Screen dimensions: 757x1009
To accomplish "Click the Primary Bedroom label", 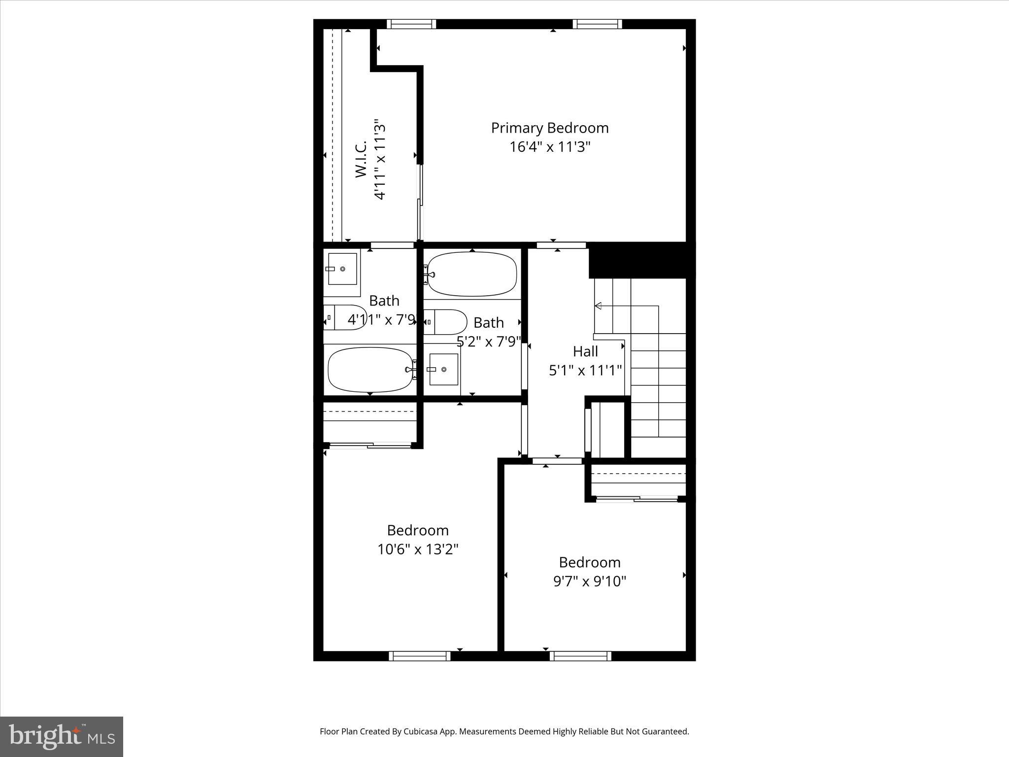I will [x=549, y=128].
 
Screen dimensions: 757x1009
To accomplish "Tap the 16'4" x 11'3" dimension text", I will [x=549, y=147].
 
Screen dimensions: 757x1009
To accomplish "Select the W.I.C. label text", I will [x=361, y=159].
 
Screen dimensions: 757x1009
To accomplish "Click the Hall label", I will [x=585, y=351].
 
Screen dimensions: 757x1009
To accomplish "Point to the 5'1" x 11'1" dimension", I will [x=585, y=370].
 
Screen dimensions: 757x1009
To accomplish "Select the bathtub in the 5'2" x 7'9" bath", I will [x=471, y=274].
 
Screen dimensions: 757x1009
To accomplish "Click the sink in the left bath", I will [x=342, y=269].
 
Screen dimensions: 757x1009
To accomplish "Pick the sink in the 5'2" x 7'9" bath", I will [x=443, y=369].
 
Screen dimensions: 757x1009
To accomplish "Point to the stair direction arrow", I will [x=598, y=306].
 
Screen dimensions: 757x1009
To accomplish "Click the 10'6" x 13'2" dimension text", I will [x=418, y=549].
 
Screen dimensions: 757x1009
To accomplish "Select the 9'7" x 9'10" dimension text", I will [x=589, y=582].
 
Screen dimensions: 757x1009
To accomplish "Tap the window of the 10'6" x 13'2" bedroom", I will [x=419, y=655].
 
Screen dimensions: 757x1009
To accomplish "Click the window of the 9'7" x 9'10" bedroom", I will [x=580, y=655].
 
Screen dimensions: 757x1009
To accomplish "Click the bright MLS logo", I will [x=62, y=736].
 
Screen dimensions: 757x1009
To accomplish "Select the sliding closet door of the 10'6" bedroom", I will [x=370, y=446].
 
